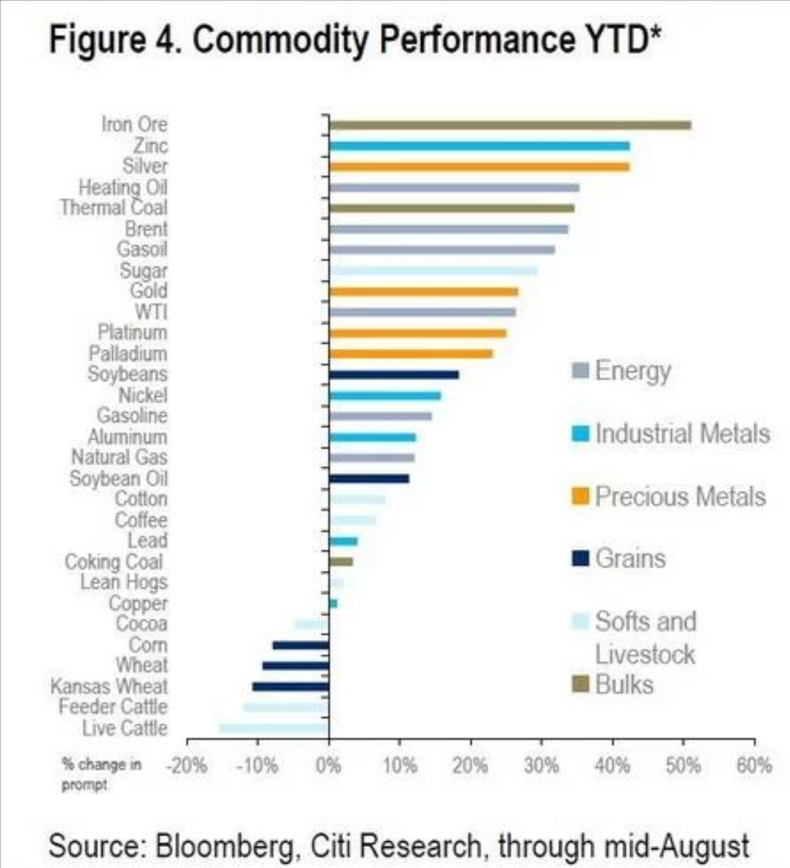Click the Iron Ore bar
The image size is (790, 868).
click(x=509, y=125)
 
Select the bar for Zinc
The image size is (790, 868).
click(x=479, y=146)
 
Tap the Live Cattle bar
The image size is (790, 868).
click(x=273, y=728)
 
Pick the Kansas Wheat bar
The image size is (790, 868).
click(x=290, y=686)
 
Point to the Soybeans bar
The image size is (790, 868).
click(x=394, y=374)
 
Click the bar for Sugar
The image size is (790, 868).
click(x=434, y=270)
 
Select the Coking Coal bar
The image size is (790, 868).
click(x=341, y=561)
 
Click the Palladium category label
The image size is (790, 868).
click(x=128, y=353)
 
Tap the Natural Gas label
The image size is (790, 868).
click(x=119, y=457)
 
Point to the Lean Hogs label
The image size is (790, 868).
click(x=123, y=582)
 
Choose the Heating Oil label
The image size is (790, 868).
click(x=123, y=186)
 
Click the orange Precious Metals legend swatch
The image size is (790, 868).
click(x=581, y=497)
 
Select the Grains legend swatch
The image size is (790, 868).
click(x=581, y=558)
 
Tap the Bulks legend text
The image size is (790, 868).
click(x=624, y=684)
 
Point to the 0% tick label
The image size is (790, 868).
click(x=328, y=766)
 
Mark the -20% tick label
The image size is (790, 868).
click(x=185, y=766)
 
